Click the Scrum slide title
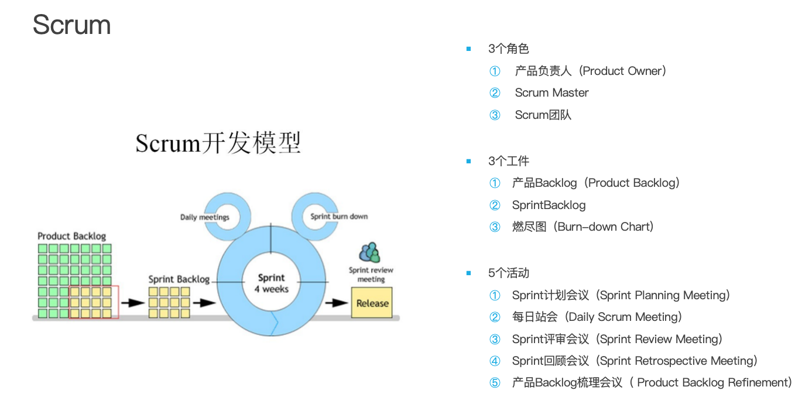(71, 25)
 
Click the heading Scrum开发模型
(218, 143)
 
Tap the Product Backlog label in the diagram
(72, 236)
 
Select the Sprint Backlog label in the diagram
(179, 279)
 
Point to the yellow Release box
(372, 303)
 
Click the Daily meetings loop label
(205, 217)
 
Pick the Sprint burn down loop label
(339, 216)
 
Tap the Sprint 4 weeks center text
(271, 283)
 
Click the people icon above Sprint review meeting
(370, 253)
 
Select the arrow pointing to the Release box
(337, 303)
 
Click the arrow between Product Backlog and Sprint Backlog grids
(133, 303)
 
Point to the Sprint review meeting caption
(371, 275)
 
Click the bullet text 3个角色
(509, 49)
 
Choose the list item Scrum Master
(551, 93)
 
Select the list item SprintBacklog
(549, 205)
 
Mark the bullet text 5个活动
(509, 273)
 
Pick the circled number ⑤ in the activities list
(495, 383)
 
